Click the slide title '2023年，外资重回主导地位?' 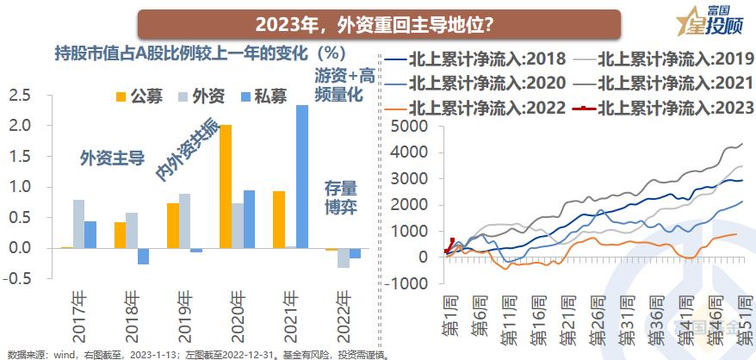[379, 22]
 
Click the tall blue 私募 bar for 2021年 [301, 177]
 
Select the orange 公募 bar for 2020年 [226, 186]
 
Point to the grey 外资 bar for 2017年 [78, 224]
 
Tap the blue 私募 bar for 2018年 [143, 256]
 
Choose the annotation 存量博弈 [340, 197]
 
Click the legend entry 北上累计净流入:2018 [475, 60]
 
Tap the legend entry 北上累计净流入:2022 [475, 108]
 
